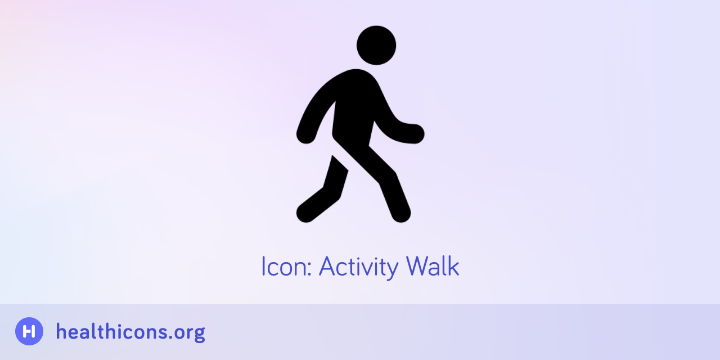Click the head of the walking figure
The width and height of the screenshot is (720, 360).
[376, 45]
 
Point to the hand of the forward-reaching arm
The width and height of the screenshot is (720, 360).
[415, 133]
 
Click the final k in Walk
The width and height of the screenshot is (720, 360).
[453, 266]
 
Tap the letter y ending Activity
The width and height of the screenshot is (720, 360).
[392, 269]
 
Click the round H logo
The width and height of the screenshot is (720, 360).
[29, 331]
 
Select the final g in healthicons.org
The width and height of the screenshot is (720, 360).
[199, 334]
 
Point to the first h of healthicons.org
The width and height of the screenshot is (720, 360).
[61, 331]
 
